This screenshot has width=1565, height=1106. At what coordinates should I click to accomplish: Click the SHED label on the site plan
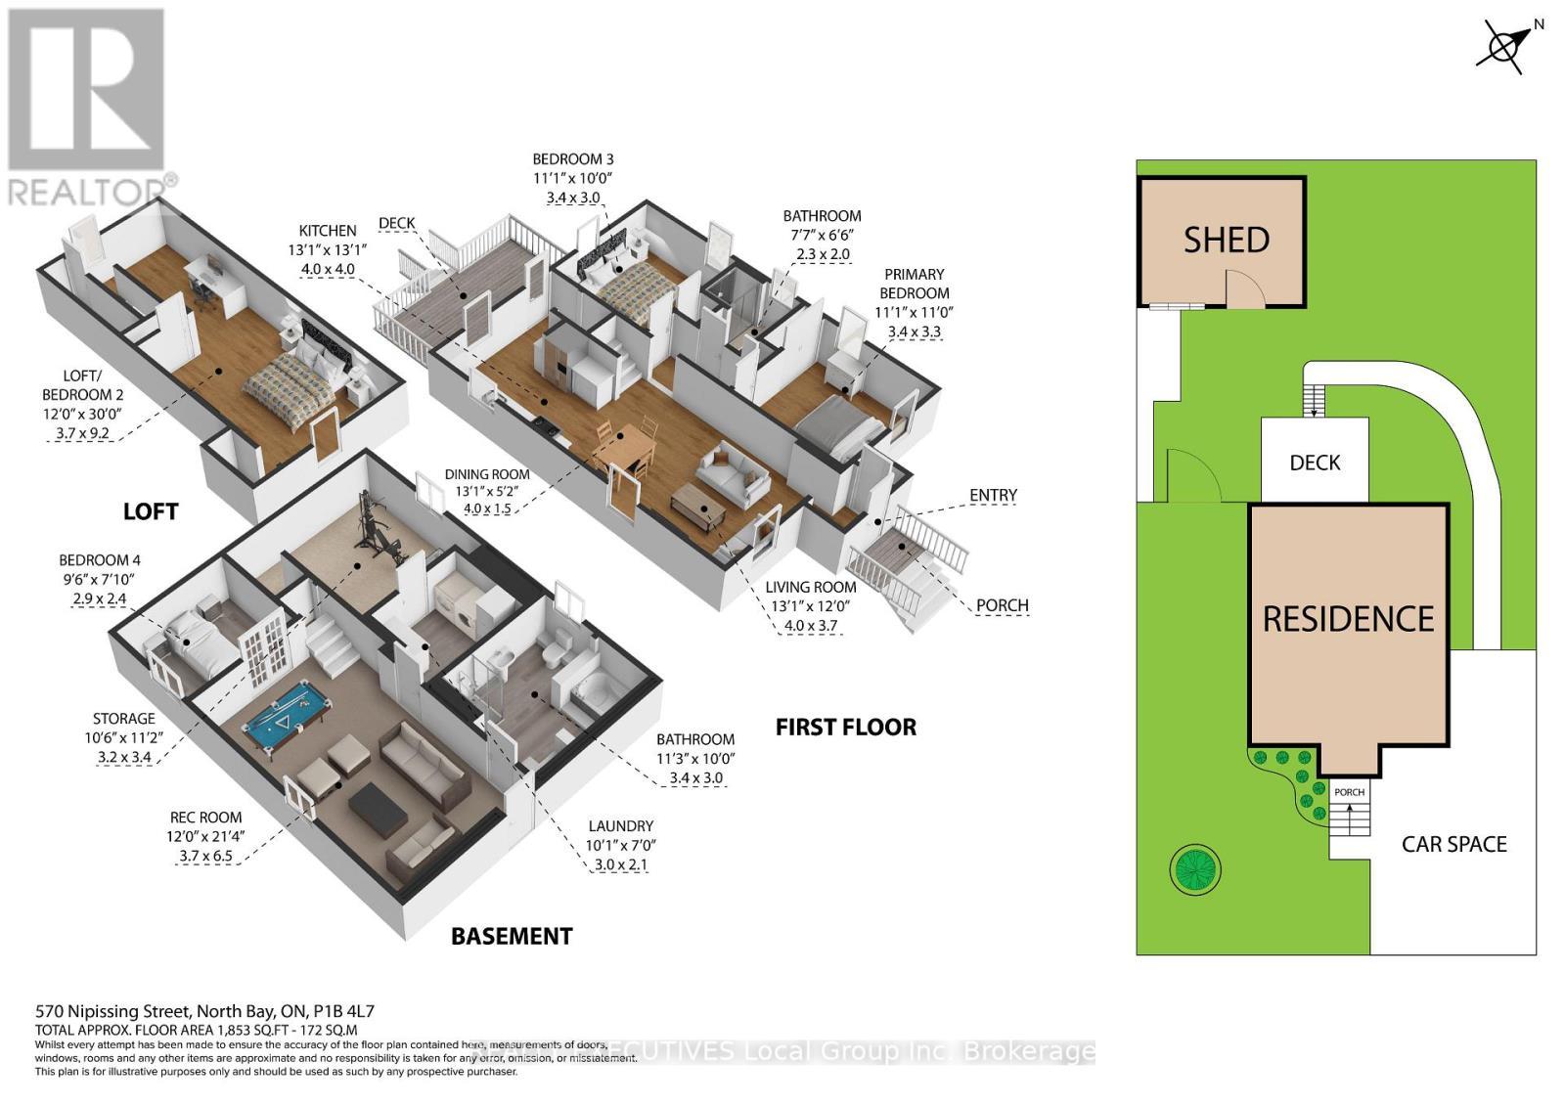click(1226, 240)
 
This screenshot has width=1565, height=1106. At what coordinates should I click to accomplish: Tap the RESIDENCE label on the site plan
click(1348, 619)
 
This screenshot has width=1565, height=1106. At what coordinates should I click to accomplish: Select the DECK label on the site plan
click(1315, 463)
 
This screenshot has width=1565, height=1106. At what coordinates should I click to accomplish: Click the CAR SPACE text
click(1453, 844)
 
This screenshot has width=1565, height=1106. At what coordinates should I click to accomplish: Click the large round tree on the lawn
click(1195, 866)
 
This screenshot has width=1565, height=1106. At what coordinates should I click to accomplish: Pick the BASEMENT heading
click(511, 936)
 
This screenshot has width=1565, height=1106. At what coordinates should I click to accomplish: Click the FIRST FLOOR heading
click(845, 727)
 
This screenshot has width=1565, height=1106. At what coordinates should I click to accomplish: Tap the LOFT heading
click(151, 510)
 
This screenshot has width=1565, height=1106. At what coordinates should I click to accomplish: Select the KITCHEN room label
click(328, 231)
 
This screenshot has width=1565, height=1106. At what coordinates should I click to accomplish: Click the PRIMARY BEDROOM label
click(914, 284)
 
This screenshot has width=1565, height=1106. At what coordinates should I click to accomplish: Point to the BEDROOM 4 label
click(99, 560)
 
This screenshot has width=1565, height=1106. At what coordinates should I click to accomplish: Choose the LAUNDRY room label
click(620, 826)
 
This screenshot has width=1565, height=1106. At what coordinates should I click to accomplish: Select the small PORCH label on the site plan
click(1349, 792)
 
